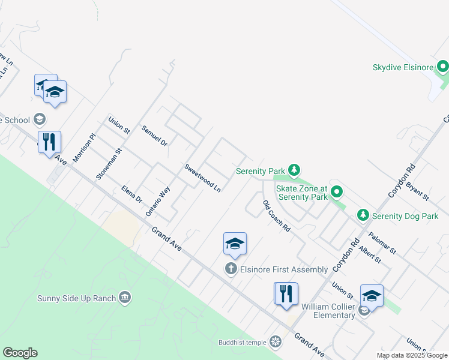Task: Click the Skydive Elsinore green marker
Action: click(x=443, y=66)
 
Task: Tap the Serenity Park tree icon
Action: click(x=294, y=171)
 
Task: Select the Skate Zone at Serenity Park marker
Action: click(x=337, y=192)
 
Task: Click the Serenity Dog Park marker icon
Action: click(x=363, y=215)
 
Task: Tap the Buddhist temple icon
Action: click(x=276, y=342)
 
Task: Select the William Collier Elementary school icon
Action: click(x=364, y=311)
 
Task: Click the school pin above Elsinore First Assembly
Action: click(x=235, y=244)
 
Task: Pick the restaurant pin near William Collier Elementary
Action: click(x=286, y=293)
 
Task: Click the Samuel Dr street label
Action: click(x=154, y=135)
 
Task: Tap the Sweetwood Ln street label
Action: click(x=203, y=178)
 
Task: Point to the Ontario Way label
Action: click(x=158, y=201)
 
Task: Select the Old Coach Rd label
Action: click(x=276, y=216)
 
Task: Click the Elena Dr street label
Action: click(x=131, y=194)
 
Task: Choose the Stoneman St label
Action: click(x=109, y=164)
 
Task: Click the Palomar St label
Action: click(x=383, y=244)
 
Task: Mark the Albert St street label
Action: click(x=370, y=255)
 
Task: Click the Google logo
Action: click(x=20, y=353)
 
